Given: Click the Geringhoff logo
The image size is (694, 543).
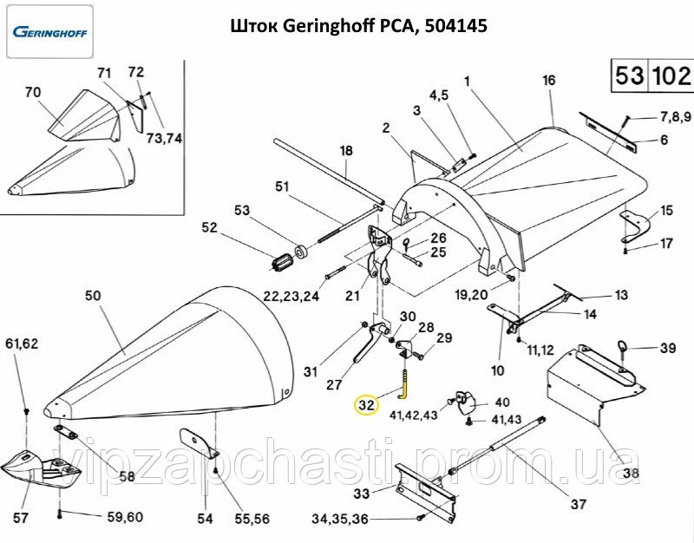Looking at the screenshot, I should [x=54, y=32].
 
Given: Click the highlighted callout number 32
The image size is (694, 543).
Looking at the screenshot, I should [x=366, y=405].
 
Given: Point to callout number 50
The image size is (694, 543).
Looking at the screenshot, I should [x=93, y=296].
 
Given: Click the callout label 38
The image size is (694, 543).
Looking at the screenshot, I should [x=631, y=474].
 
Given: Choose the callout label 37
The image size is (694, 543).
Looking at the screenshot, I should [x=578, y=503].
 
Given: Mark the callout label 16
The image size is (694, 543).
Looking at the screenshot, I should [x=548, y=81].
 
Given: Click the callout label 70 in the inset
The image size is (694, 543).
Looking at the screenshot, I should [x=33, y=92].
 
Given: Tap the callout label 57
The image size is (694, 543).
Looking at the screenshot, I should [x=19, y=520].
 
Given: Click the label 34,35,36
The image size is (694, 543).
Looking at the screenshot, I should [x=339, y=520].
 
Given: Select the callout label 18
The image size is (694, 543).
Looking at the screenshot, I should [x=346, y=151].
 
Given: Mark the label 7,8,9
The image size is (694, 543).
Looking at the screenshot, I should [x=675, y=116].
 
